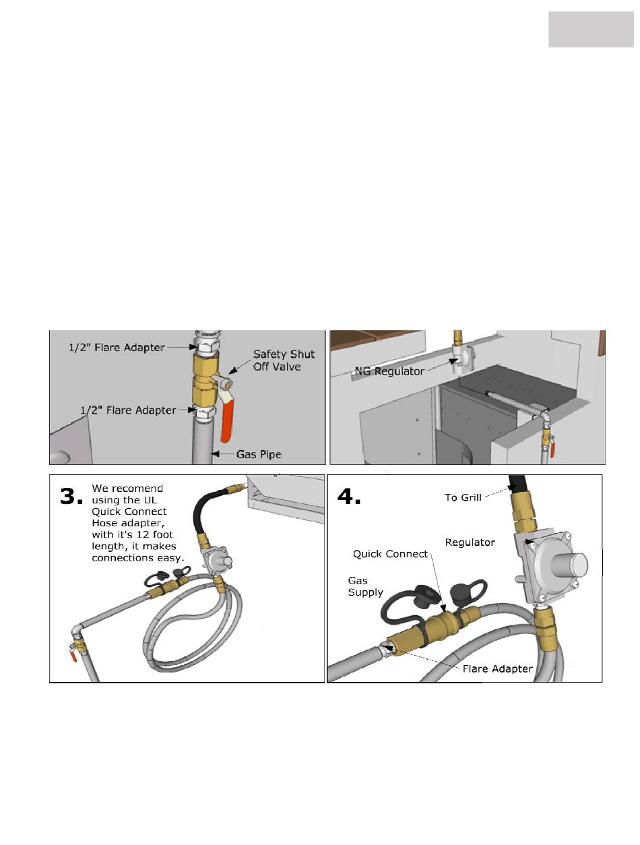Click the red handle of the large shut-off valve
[226, 419]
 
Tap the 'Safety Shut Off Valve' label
[284, 360]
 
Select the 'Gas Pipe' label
[259, 454]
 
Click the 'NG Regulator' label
[389, 371]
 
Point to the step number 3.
[71, 497]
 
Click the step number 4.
[349, 497]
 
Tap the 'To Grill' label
[463, 497]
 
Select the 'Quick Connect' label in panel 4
[390, 554]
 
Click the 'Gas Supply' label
[365, 586]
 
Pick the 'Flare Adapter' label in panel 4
[497, 668]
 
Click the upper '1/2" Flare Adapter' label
[117, 347]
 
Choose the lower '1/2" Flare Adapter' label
[128, 410]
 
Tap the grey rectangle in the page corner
[591, 29]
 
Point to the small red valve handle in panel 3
[73, 656]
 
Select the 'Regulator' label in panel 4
[470, 542]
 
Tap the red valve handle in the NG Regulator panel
[552, 450]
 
